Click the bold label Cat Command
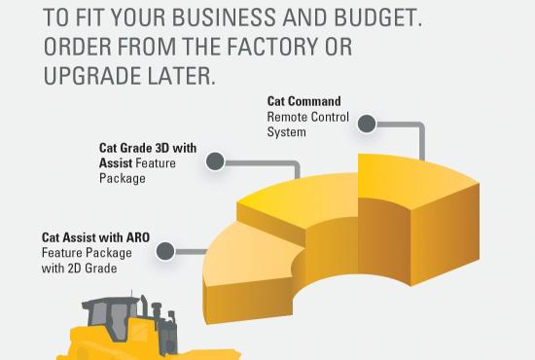(303, 101)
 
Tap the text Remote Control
(306, 117)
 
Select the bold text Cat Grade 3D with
(147, 149)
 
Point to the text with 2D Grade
(79, 268)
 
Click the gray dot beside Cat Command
(367, 124)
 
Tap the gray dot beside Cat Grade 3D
(215, 162)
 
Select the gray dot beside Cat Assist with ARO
(165, 252)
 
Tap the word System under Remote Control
(286, 131)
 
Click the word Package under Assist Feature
(122, 178)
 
